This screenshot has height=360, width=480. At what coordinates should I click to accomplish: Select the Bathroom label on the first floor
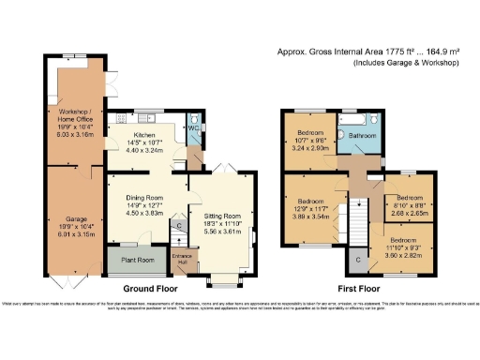pyautogui.click(x=362, y=136)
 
